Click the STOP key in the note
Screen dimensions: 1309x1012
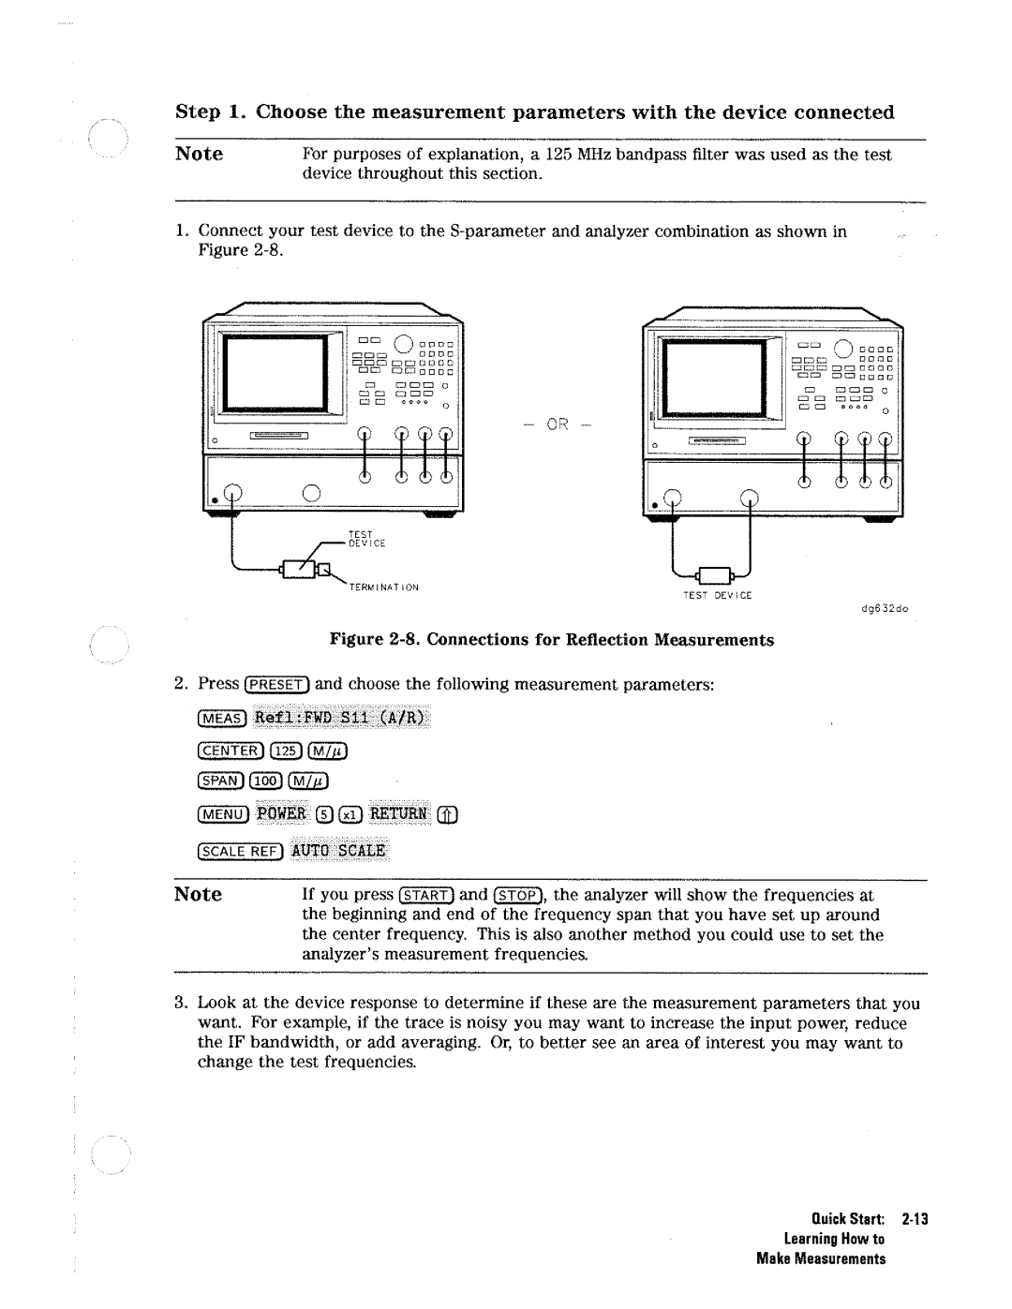point(518,895)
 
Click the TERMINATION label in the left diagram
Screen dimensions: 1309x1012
point(383,588)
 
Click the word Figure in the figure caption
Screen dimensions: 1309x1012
point(354,640)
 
